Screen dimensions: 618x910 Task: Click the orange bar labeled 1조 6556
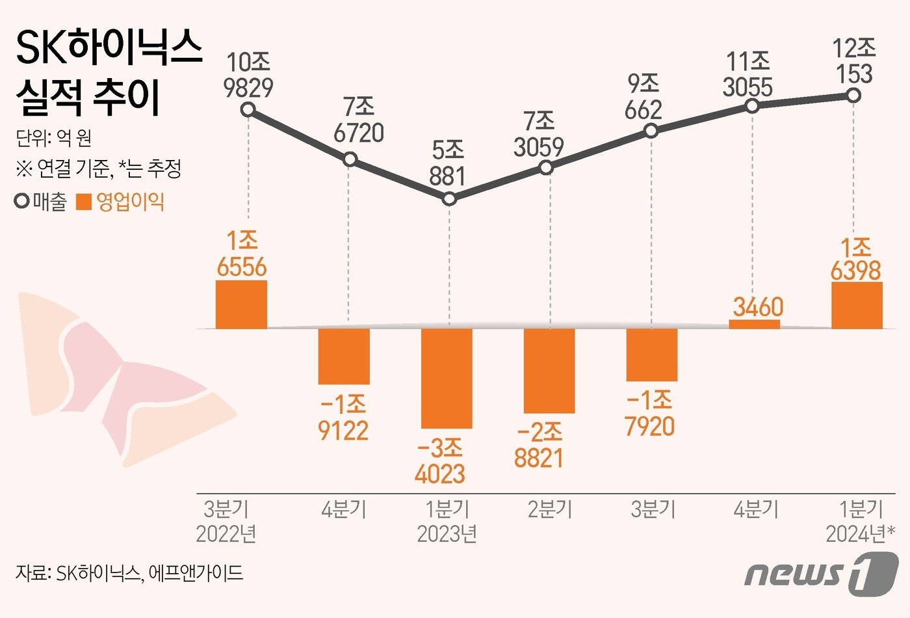(241, 304)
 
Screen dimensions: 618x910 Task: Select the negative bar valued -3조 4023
(447, 378)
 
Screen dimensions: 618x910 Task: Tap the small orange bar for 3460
(754, 324)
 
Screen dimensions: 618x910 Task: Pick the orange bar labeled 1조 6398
(856, 305)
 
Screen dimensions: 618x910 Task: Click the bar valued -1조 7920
(651, 355)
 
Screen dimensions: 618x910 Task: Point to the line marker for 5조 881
(449, 198)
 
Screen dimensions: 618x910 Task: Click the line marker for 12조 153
(854, 96)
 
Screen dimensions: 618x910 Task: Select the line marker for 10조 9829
(247, 109)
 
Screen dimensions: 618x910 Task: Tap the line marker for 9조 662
(651, 131)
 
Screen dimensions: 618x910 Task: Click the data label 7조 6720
(358, 120)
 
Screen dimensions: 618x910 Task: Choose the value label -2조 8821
(539, 446)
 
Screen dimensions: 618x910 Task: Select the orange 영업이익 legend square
(84, 202)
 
